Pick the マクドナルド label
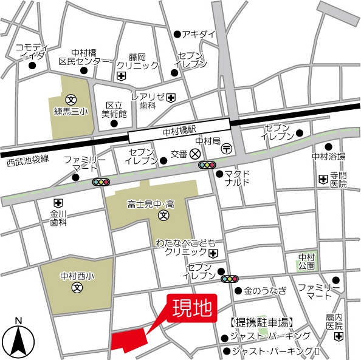pyautogui.click(x=237, y=177)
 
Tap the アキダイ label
pyautogui.click(x=199, y=34)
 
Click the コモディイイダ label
pyautogui.click(x=32, y=51)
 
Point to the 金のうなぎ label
pyautogui.click(x=265, y=290)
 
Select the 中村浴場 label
pyautogui.click(x=328, y=157)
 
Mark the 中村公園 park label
pyautogui.click(x=306, y=261)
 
